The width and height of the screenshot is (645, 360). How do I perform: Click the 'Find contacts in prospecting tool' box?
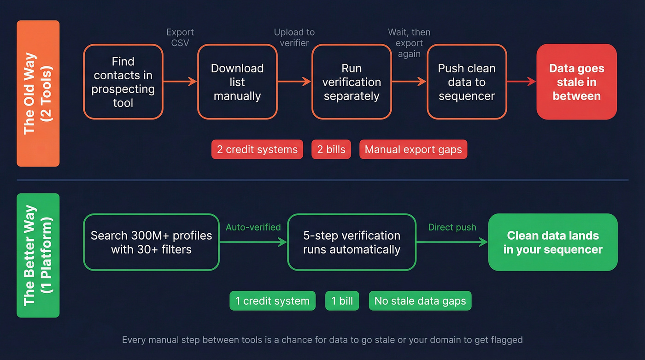click(123, 82)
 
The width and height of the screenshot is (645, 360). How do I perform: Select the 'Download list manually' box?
click(237, 82)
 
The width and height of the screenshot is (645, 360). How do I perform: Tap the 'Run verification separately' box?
click(352, 82)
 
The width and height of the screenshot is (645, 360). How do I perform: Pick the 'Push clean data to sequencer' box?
click(467, 82)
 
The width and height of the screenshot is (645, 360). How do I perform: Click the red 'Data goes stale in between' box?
click(576, 82)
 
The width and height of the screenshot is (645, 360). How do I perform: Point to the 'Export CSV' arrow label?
click(180, 37)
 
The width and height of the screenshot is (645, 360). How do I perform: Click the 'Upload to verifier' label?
click(294, 37)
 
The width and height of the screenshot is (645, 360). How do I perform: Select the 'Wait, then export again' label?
click(409, 43)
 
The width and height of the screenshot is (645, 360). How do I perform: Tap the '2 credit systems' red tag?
click(257, 149)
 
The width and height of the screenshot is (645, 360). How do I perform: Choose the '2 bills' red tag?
click(331, 149)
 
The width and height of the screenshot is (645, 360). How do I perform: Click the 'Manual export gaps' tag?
click(413, 149)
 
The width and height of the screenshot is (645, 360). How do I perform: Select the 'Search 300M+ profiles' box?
click(151, 242)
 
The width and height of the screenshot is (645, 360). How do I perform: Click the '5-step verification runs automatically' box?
click(352, 242)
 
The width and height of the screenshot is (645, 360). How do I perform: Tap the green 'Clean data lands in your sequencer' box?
click(553, 242)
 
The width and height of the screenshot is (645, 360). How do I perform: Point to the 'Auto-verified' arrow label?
click(253, 227)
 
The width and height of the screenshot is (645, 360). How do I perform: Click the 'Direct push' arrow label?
click(452, 227)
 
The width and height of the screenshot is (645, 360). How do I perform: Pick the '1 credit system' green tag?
click(272, 301)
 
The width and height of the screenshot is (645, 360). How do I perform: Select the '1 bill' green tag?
click(342, 301)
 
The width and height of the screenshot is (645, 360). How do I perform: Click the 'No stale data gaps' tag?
click(420, 301)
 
